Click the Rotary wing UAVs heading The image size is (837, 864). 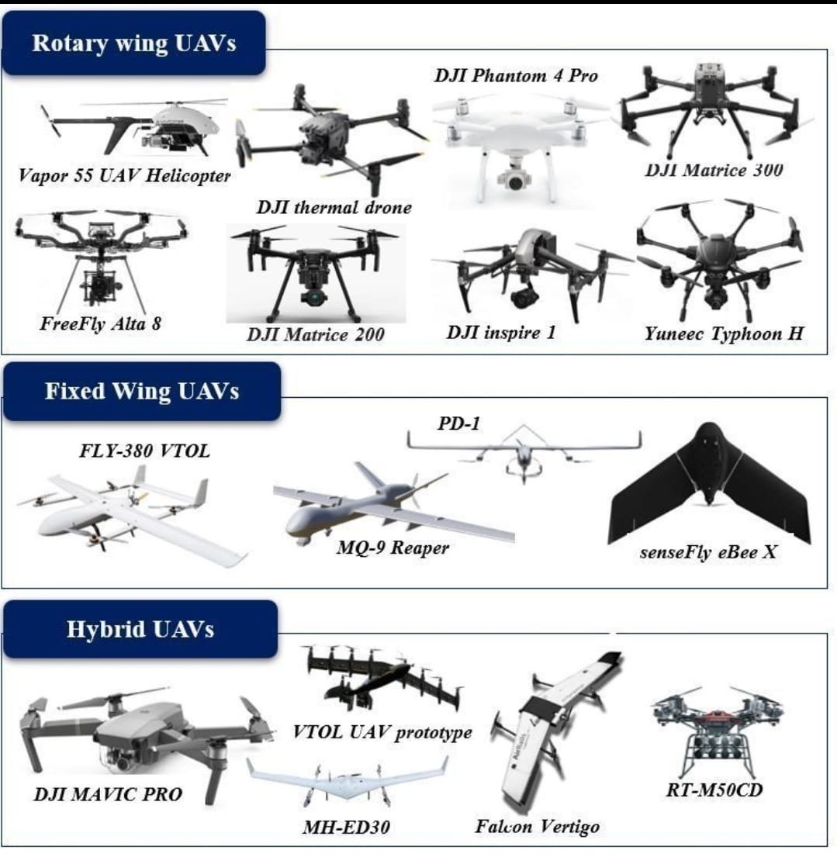pos(133,43)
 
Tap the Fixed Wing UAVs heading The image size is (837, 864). pos(141,390)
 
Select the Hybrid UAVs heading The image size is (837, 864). pos(140,628)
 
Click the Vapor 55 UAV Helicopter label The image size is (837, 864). pos(125,176)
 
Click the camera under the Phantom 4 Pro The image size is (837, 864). pos(513,179)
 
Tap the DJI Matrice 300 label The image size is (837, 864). pos(714,170)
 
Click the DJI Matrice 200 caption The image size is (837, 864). pos(316,336)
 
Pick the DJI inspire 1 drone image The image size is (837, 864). pos(536,268)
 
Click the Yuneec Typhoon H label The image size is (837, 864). pos(724,334)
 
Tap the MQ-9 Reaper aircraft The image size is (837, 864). pos(380,504)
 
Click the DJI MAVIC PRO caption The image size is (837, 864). pos(108,794)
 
